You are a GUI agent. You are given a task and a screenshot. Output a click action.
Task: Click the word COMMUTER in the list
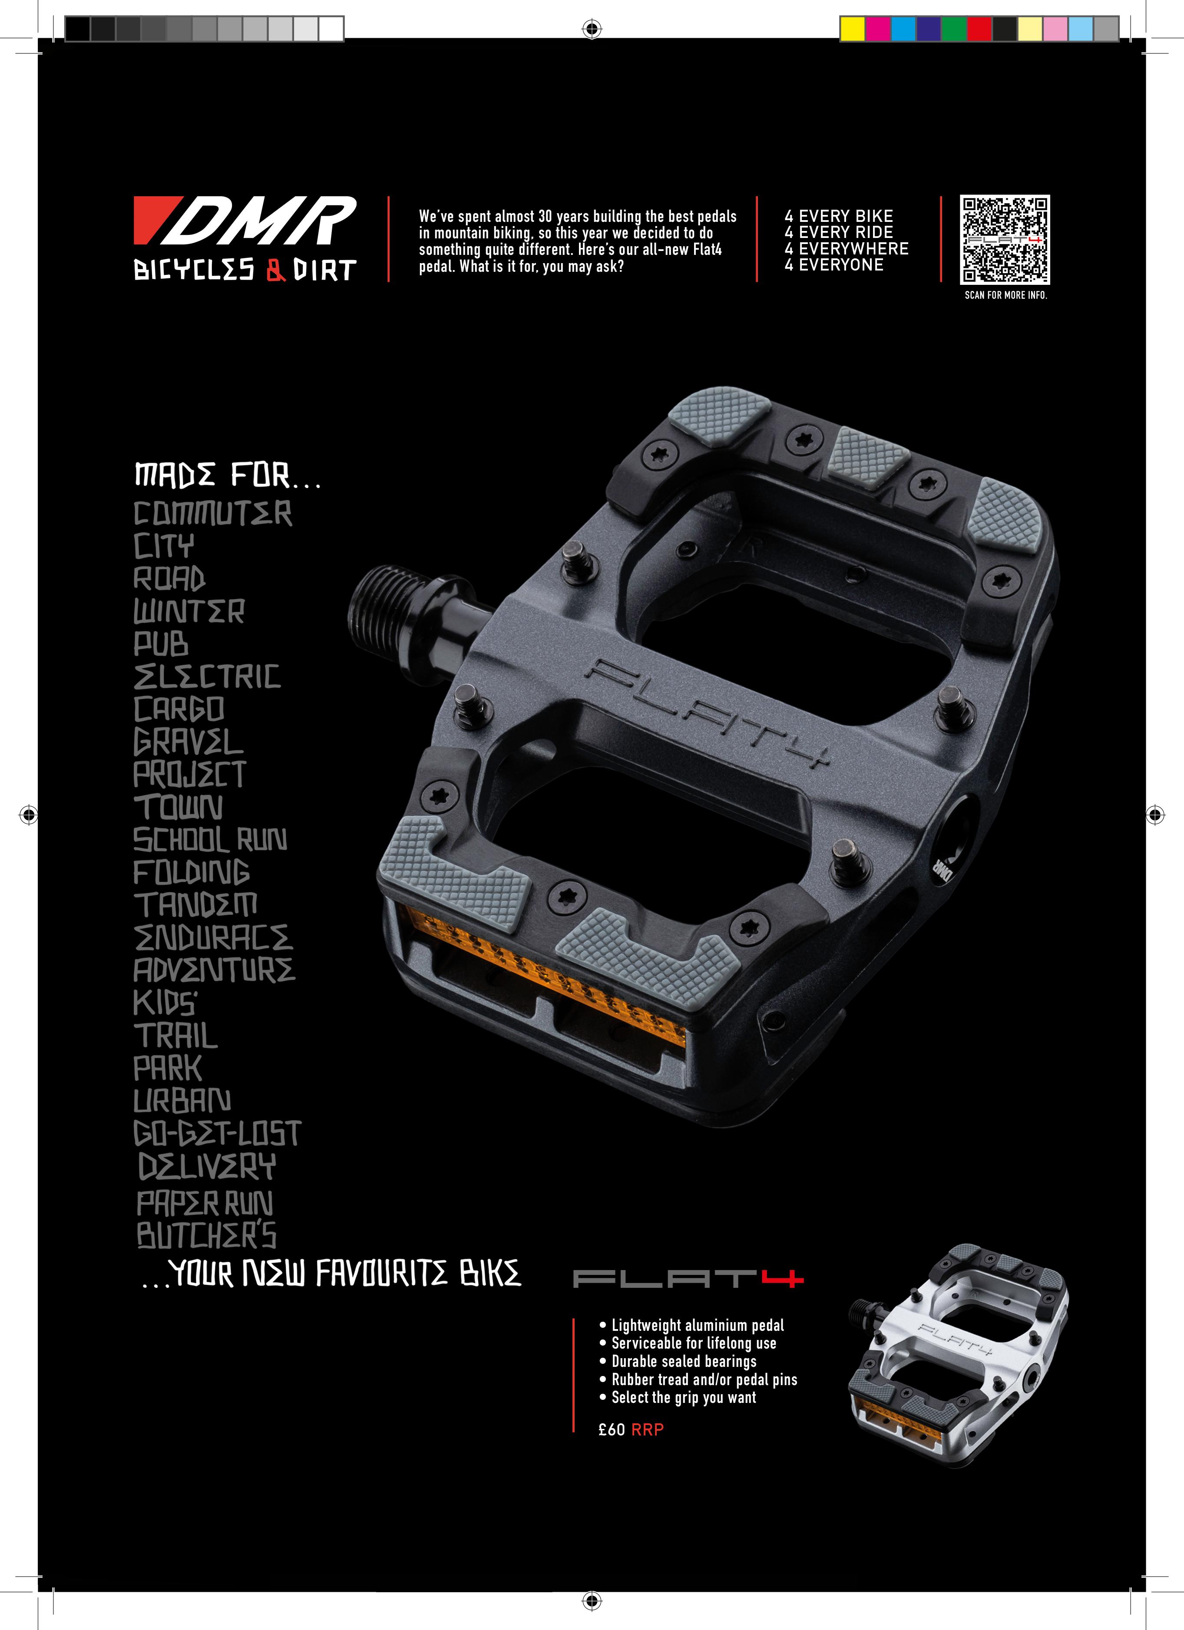click(x=213, y=514)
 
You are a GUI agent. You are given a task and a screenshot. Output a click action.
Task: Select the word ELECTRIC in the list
click(x=207, y=676)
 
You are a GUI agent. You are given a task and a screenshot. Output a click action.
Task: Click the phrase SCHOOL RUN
click(x=210, y=839)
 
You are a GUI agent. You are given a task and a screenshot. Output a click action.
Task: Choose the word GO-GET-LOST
click(x=217, y=1133)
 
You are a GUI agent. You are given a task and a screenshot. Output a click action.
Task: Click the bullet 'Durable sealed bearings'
click(x=684, y=1361)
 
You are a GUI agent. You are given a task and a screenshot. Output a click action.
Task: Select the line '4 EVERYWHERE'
click(x=846, y=249)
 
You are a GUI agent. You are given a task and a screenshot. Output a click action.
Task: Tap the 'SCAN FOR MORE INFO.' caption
click(x=1005, y=295)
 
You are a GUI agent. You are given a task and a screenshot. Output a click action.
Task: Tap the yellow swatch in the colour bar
click(x=853, y=29)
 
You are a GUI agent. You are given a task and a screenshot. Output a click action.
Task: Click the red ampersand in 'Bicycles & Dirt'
click(x=275, y=270)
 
